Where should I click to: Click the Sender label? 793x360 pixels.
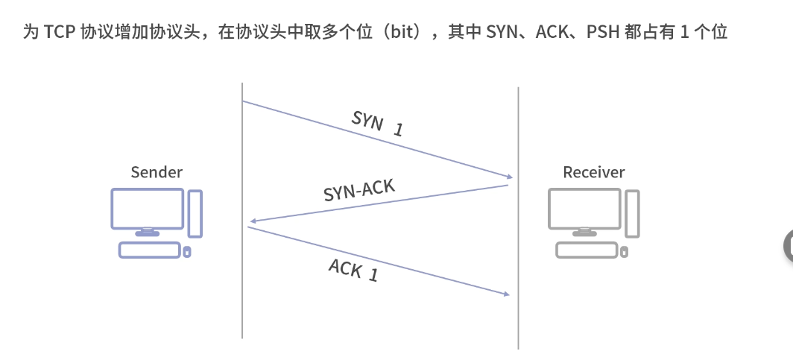coord(157,172)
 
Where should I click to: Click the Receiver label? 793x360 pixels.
coord(593,172)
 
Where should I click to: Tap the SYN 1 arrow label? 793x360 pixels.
coord(377,124)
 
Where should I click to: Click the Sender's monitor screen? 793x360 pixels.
coord(147,208)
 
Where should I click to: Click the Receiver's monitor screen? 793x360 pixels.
coord(584,208)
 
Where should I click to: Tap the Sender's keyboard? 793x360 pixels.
coord(149,250)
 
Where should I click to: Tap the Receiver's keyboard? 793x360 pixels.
coord(587,250)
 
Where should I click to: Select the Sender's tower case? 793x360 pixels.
coord(195,214)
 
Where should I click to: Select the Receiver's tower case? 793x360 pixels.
coord(632,214)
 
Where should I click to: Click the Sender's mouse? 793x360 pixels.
coord(187,252)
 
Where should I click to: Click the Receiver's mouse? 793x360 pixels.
coord(624,252)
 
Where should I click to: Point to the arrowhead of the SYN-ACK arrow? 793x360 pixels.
coord(254,221)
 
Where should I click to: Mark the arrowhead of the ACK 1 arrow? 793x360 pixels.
coord(506,294)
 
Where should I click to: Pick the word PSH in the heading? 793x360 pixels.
coord(604,32)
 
